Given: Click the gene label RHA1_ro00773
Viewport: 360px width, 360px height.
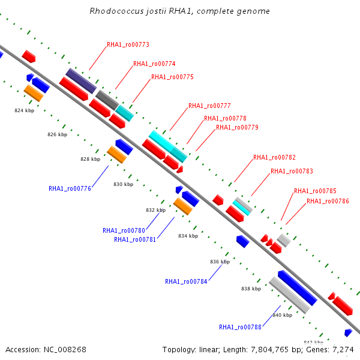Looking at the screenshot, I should click(x=128, y=44).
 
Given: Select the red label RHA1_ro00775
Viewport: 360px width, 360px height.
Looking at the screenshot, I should click(x=172, y=77).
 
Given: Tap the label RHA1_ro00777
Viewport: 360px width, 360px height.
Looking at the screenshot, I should click(x=209, y=106).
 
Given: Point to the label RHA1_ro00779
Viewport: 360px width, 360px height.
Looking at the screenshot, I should click(x=237, y=127).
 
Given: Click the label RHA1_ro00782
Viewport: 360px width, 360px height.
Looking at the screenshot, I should click(x=274, y=157).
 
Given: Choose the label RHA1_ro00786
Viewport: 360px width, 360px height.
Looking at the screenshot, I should click(x=328, y=201).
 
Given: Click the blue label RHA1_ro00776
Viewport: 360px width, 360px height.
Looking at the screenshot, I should click(x=70, y=188).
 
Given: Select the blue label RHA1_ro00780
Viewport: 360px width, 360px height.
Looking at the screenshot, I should click(x=124, y=230).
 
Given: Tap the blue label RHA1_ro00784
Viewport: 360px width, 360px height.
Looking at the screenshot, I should click(x=186, y=281).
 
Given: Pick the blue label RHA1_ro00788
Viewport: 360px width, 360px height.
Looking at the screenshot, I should click(x=240, y=327).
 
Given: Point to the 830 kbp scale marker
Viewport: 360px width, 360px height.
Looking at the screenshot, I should click(x=123, y=184).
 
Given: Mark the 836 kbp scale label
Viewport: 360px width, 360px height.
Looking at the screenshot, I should click(x=220, y=262).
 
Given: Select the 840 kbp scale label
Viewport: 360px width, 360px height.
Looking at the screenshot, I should click(x=282, y=314).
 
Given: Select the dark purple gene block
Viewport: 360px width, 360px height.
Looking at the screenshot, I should click(x=80, y=80).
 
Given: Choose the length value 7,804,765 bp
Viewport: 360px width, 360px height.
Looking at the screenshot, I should click(x=279, y=349).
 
